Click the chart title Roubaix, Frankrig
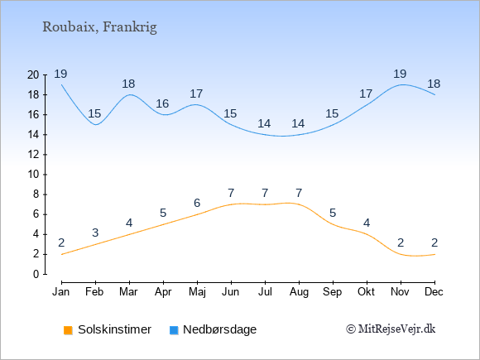coord(99,27)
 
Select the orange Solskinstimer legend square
coord(68,330)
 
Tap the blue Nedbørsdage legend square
coord(174,330)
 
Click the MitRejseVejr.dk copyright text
coord(391,329)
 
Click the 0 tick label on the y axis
coord(36,274)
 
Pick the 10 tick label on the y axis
coord(33,175)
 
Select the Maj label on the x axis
coord(197,292)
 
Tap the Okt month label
coord(367,292)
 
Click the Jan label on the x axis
coord(61,292)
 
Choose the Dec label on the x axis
coord(434,292)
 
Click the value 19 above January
coord(61,74)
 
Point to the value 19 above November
coord(400,74)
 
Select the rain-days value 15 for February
coord(94,114)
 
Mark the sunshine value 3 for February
coord(95,233)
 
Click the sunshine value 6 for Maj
coord(197,203)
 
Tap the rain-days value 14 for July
coord(264,123)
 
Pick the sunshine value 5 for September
coord(333,213)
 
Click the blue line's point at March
coord(129,94)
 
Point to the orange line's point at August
coord(299,204)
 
